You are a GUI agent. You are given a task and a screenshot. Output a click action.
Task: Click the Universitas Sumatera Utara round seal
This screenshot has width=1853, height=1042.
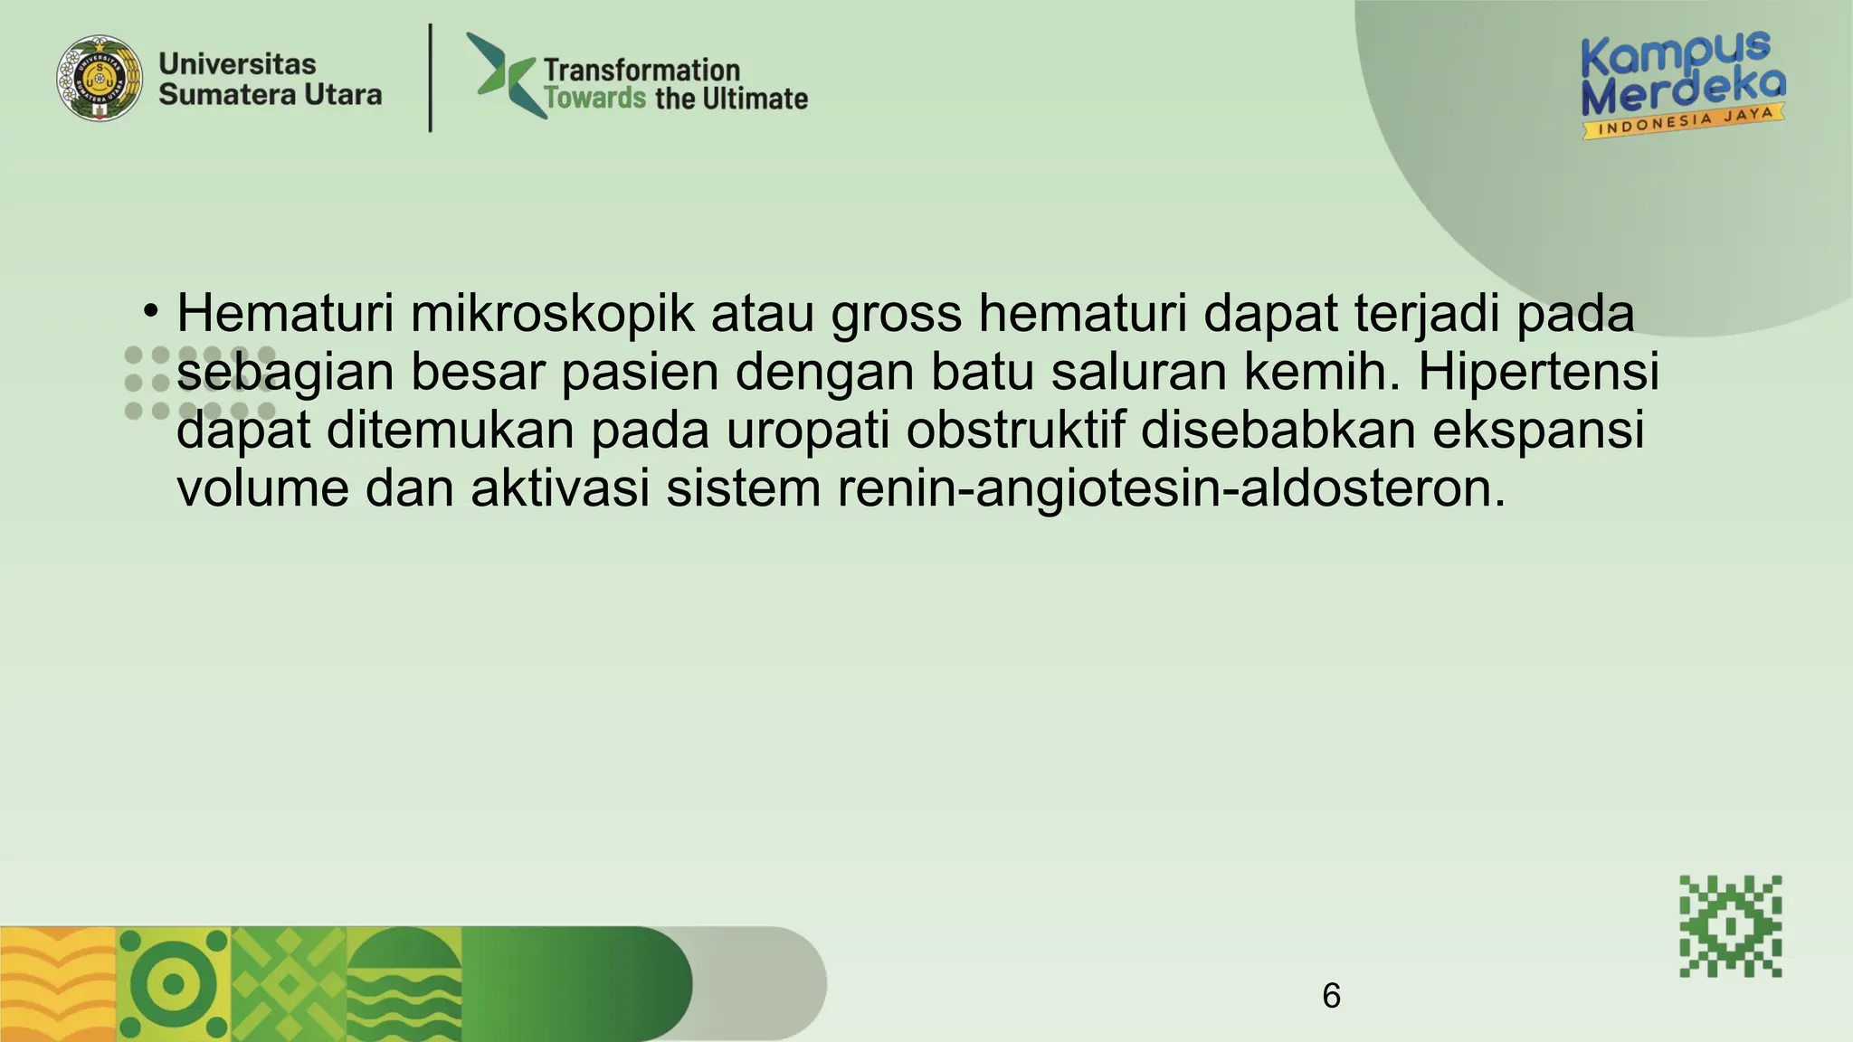pyautogui.click(x=100, y=79)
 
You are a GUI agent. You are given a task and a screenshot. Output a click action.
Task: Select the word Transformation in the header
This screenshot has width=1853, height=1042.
pyautogui.click(x=641, y=70)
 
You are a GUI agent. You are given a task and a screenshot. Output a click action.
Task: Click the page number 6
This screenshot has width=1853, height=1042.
pyautogui.click(x=1331, y=996)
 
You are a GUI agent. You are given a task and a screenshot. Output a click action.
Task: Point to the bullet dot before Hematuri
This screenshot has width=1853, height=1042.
pyautogui.click(x=150, y=311)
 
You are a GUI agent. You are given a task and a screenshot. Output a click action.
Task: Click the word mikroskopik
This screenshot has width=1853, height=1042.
pyautogui.click(x=552, y=314)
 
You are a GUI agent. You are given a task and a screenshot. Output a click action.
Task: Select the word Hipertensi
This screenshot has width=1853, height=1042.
pyautogui.click(x=1538, y=372)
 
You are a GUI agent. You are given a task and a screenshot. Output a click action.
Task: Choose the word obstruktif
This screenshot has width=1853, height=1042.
pyautogui.click(x=1015, y=430)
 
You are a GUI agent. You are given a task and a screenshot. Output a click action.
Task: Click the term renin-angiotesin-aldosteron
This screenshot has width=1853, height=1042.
pyautogui.click(x=1172, y=488)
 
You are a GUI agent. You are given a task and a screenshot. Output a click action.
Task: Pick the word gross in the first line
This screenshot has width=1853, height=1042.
pyautogui.click(x=896, y=316)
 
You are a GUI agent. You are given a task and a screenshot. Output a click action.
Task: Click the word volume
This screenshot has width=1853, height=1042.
pyautogui.click(x=262, y=488)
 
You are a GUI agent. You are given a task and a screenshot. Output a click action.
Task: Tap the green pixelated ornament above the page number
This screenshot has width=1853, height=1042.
pyautogui.click(x=1730, y=926)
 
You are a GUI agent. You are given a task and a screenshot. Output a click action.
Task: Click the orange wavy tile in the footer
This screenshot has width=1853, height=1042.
pyautogui.click(x=58, y=984)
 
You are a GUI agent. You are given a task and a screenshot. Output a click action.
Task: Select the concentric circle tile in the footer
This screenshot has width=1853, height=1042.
pyautogui.click(x=174, y=984)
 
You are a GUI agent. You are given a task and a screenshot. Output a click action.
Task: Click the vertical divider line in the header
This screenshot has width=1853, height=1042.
pyautogui.click(x=431, y=79)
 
